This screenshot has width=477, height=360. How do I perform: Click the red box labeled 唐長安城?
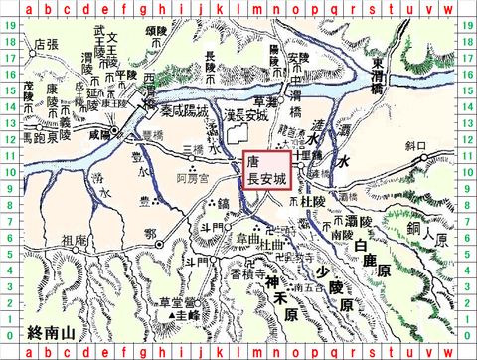266,169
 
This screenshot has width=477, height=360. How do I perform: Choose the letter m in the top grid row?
256,9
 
